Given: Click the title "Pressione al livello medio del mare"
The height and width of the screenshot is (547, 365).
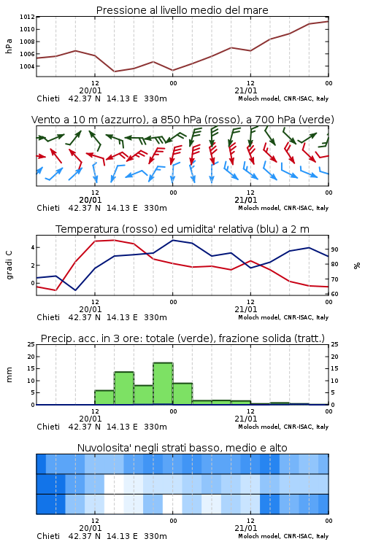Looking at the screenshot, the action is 182,10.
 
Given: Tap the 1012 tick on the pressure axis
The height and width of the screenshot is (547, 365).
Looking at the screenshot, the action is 27,17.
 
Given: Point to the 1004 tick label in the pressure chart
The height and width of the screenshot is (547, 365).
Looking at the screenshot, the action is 27,66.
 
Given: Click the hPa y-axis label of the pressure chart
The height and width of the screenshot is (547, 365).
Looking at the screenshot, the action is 9,46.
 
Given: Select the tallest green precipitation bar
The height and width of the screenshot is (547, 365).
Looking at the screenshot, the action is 163,384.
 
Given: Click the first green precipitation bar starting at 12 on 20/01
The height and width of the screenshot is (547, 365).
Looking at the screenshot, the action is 104,397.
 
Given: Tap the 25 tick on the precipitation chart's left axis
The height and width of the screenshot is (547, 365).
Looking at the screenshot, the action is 31,344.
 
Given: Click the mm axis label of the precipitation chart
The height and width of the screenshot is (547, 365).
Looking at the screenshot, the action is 9,375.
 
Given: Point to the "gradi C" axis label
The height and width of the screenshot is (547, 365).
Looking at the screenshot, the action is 9,265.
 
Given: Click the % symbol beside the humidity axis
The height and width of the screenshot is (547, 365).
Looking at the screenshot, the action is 357,265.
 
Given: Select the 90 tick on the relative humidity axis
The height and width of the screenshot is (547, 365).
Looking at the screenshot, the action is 334,249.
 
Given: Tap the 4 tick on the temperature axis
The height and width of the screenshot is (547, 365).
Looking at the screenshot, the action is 33,247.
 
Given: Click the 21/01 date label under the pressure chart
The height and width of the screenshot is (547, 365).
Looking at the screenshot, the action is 246,90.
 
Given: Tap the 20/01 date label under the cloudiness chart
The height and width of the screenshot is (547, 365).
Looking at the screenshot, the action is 91,528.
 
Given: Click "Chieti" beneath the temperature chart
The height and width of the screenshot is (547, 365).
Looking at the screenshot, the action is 48,317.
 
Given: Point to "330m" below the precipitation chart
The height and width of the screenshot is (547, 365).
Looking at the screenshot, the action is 155,427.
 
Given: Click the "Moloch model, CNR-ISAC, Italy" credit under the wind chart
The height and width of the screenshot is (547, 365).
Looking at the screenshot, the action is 283,208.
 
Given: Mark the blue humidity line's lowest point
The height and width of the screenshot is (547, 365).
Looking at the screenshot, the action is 75,290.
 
